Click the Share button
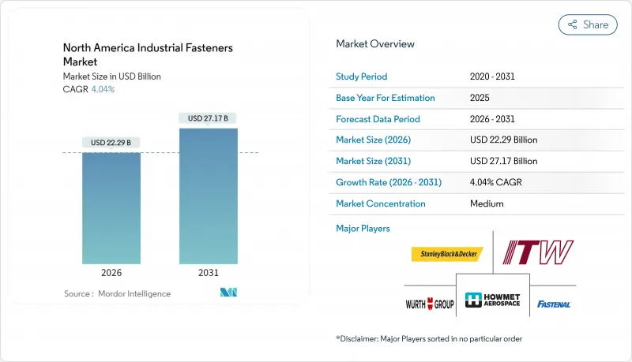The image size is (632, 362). (588, 24)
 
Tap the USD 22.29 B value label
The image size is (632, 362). (111, 143)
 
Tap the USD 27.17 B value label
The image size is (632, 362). (209, 118)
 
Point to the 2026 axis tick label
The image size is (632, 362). (111, 274)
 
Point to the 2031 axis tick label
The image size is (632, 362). (209, 274)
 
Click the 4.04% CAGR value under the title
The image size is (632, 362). (102, 89)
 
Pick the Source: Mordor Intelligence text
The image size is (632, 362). (118, 293)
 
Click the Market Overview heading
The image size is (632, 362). (375, 43)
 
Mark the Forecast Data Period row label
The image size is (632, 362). (378, 119)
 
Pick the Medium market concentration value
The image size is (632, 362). (487, 203)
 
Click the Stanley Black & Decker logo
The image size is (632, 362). (447, 254)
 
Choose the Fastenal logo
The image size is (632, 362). (554, 304)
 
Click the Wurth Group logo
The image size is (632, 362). (428, 304)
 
